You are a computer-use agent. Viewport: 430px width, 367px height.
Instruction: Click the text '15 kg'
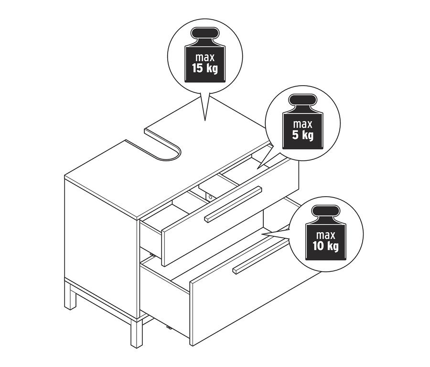[x=204, y=68]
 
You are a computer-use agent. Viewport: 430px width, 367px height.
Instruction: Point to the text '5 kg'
[x=303, y=134]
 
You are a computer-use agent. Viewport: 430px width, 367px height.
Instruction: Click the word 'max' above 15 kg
[x=204, y=56]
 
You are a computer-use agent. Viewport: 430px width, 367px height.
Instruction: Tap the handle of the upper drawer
[x=233, y=204]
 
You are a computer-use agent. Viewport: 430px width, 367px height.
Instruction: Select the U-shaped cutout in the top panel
[x=165, y=144]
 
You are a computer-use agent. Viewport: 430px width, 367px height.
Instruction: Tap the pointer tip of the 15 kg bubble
[x=205, y=120]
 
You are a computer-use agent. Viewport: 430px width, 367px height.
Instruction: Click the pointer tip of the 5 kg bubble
[x=258, y=168]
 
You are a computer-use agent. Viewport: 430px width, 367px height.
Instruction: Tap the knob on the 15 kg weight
[x=204, y=34]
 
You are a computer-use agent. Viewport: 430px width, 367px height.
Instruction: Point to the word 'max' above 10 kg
[x=327, y=235]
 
